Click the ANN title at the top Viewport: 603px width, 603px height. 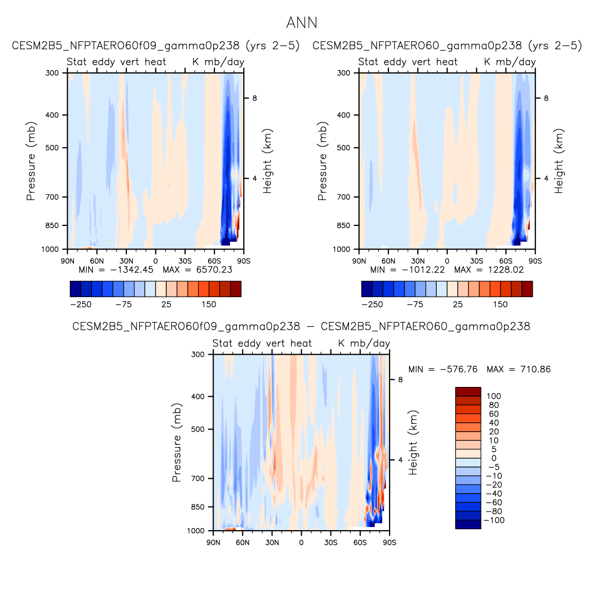[302, 23]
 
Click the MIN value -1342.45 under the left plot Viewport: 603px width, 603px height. [132, 270]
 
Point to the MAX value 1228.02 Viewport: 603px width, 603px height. [505, 270]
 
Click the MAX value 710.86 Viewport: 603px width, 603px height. [533, 369]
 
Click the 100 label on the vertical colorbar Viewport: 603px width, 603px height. [494, 396]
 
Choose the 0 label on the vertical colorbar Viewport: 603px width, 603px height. [494, 458]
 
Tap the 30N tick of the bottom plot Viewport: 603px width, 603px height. [272, 542]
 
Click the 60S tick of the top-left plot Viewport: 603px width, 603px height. [214, 261]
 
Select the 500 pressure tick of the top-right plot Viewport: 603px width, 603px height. [344, 148]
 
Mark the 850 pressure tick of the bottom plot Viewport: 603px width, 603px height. [198, 507]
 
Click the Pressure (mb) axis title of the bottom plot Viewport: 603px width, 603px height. [177, 442]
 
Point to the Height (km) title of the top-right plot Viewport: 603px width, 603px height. [559, 161]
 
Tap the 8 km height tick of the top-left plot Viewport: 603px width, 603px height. [254, 99]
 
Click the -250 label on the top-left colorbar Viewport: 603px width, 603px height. [81, 304]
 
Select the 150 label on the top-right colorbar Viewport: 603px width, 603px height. [500, 304]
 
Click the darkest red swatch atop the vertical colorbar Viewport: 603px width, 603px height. [468, 392]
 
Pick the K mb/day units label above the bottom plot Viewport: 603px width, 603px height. [364, 343]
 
